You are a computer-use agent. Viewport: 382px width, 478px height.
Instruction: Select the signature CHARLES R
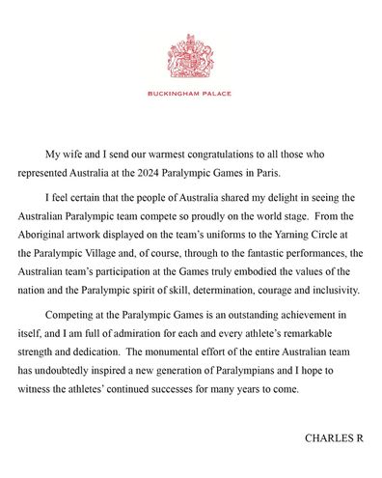click(x=334, y=437)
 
